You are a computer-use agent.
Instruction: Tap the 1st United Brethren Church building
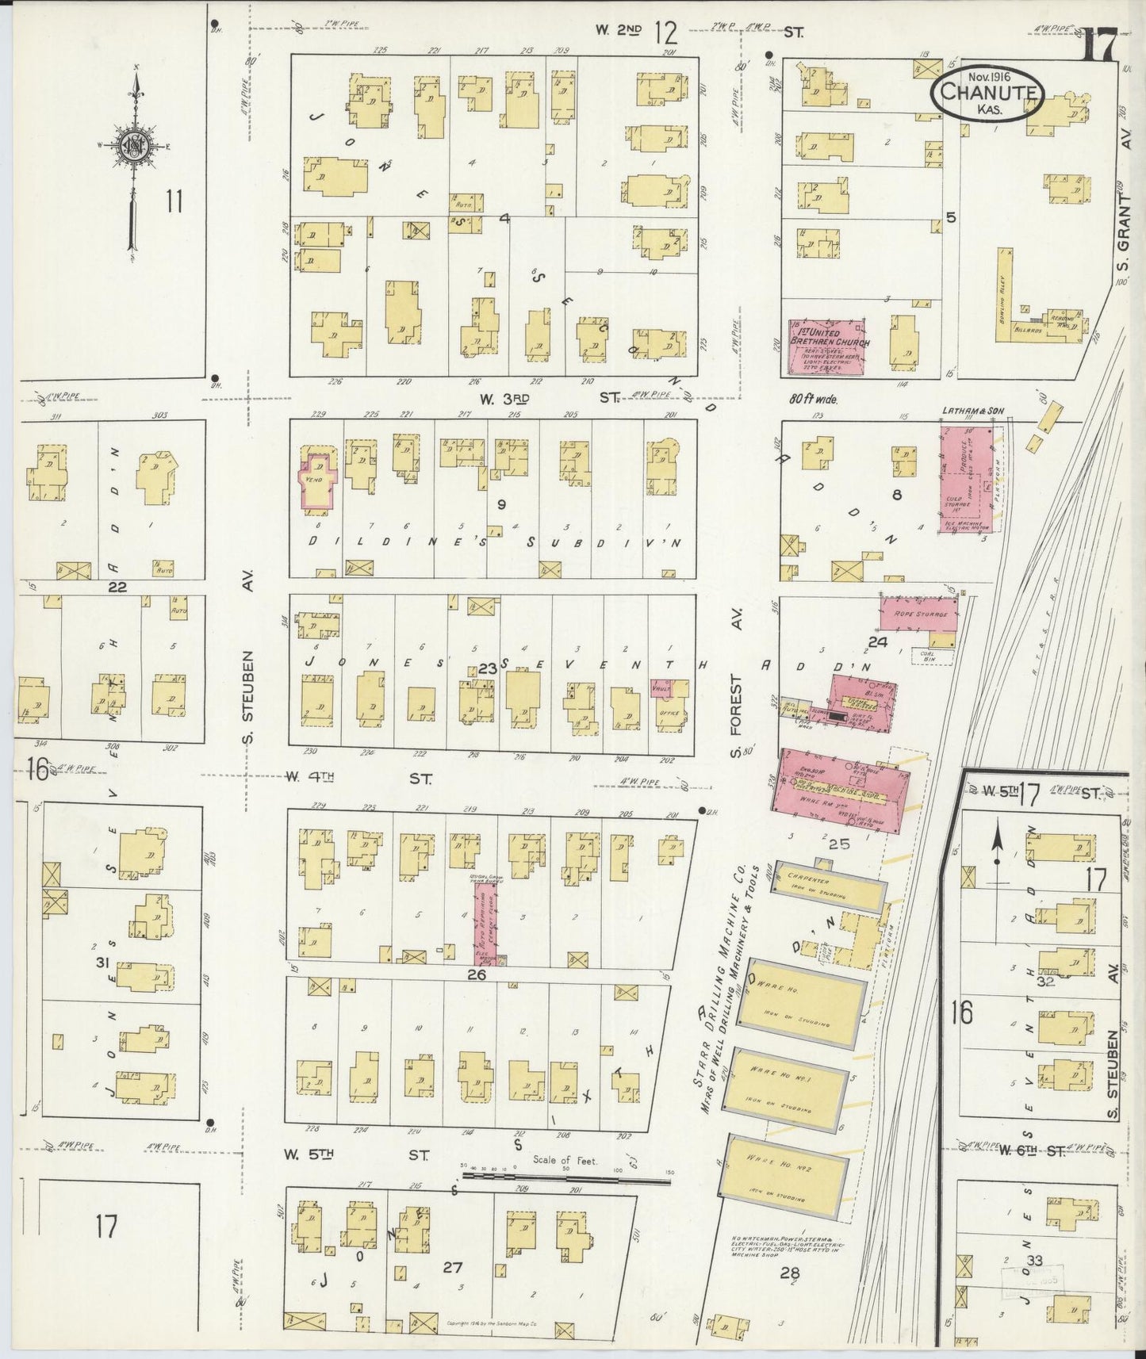[826, 346]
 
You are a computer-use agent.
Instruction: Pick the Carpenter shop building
[829, 886]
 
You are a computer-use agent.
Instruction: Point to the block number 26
[476, 974]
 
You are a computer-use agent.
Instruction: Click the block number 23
[487, 669]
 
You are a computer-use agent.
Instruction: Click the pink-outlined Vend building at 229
[318, 480]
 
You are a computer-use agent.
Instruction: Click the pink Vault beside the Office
[660, 688]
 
